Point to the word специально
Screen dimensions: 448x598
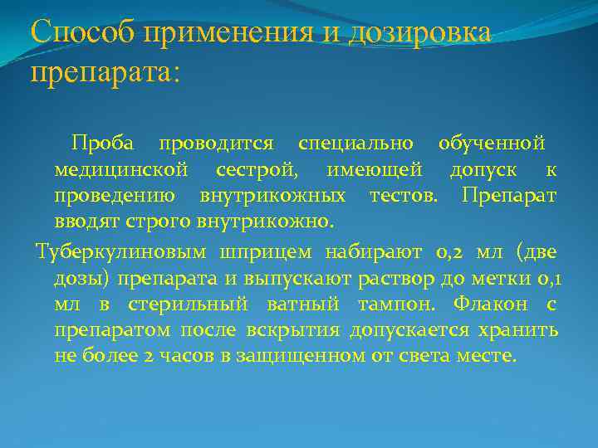tap(355, 143)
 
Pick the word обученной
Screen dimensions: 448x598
tap(492, 143)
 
